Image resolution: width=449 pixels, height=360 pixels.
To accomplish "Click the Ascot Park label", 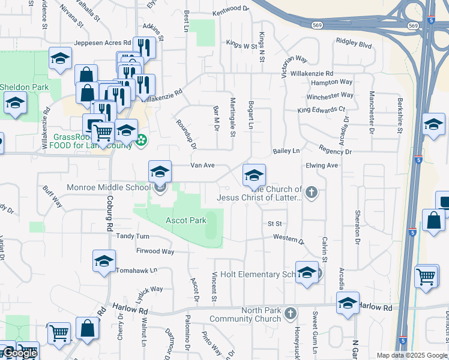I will pyautogui.click(x=185, y=220).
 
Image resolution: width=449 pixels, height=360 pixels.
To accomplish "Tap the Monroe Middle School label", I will pyautogui.click(x=109, y=187).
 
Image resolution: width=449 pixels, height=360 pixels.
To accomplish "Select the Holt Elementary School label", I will pyautogui.click(x=259, y=274).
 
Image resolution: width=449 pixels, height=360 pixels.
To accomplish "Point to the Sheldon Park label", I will pyautogui.click(x=24, y=87).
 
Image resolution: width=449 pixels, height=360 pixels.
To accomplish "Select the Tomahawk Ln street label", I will pyautogui.click(x=137, y=270).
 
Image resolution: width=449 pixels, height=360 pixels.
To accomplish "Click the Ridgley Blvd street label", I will pyautogui.click(x=354, y=45).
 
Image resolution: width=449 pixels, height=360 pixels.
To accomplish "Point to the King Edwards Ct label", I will pyautogui.click(x=322, y=110).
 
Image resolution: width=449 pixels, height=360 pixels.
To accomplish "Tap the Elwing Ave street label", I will pyautogui.click(x=322, y=165).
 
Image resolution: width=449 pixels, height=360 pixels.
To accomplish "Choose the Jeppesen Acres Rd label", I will pyautogui.click(x=102, y=43).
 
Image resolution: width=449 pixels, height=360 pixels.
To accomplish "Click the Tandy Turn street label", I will pyautogui.click(x=133, y=236).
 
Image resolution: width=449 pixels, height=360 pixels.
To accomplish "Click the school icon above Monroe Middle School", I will pyautogui.click(x=160, y=172).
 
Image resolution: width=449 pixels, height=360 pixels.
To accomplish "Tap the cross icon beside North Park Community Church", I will pyautogui.click(x=291, y=313).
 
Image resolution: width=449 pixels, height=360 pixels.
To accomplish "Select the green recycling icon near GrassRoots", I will pyautogui.click(x=142, y=141).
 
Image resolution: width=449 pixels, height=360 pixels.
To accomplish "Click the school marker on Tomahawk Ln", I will pyautogui.click(x=104, y=262).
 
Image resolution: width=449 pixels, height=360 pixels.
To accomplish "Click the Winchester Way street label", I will pyautogui.click(x=330, y=95).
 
